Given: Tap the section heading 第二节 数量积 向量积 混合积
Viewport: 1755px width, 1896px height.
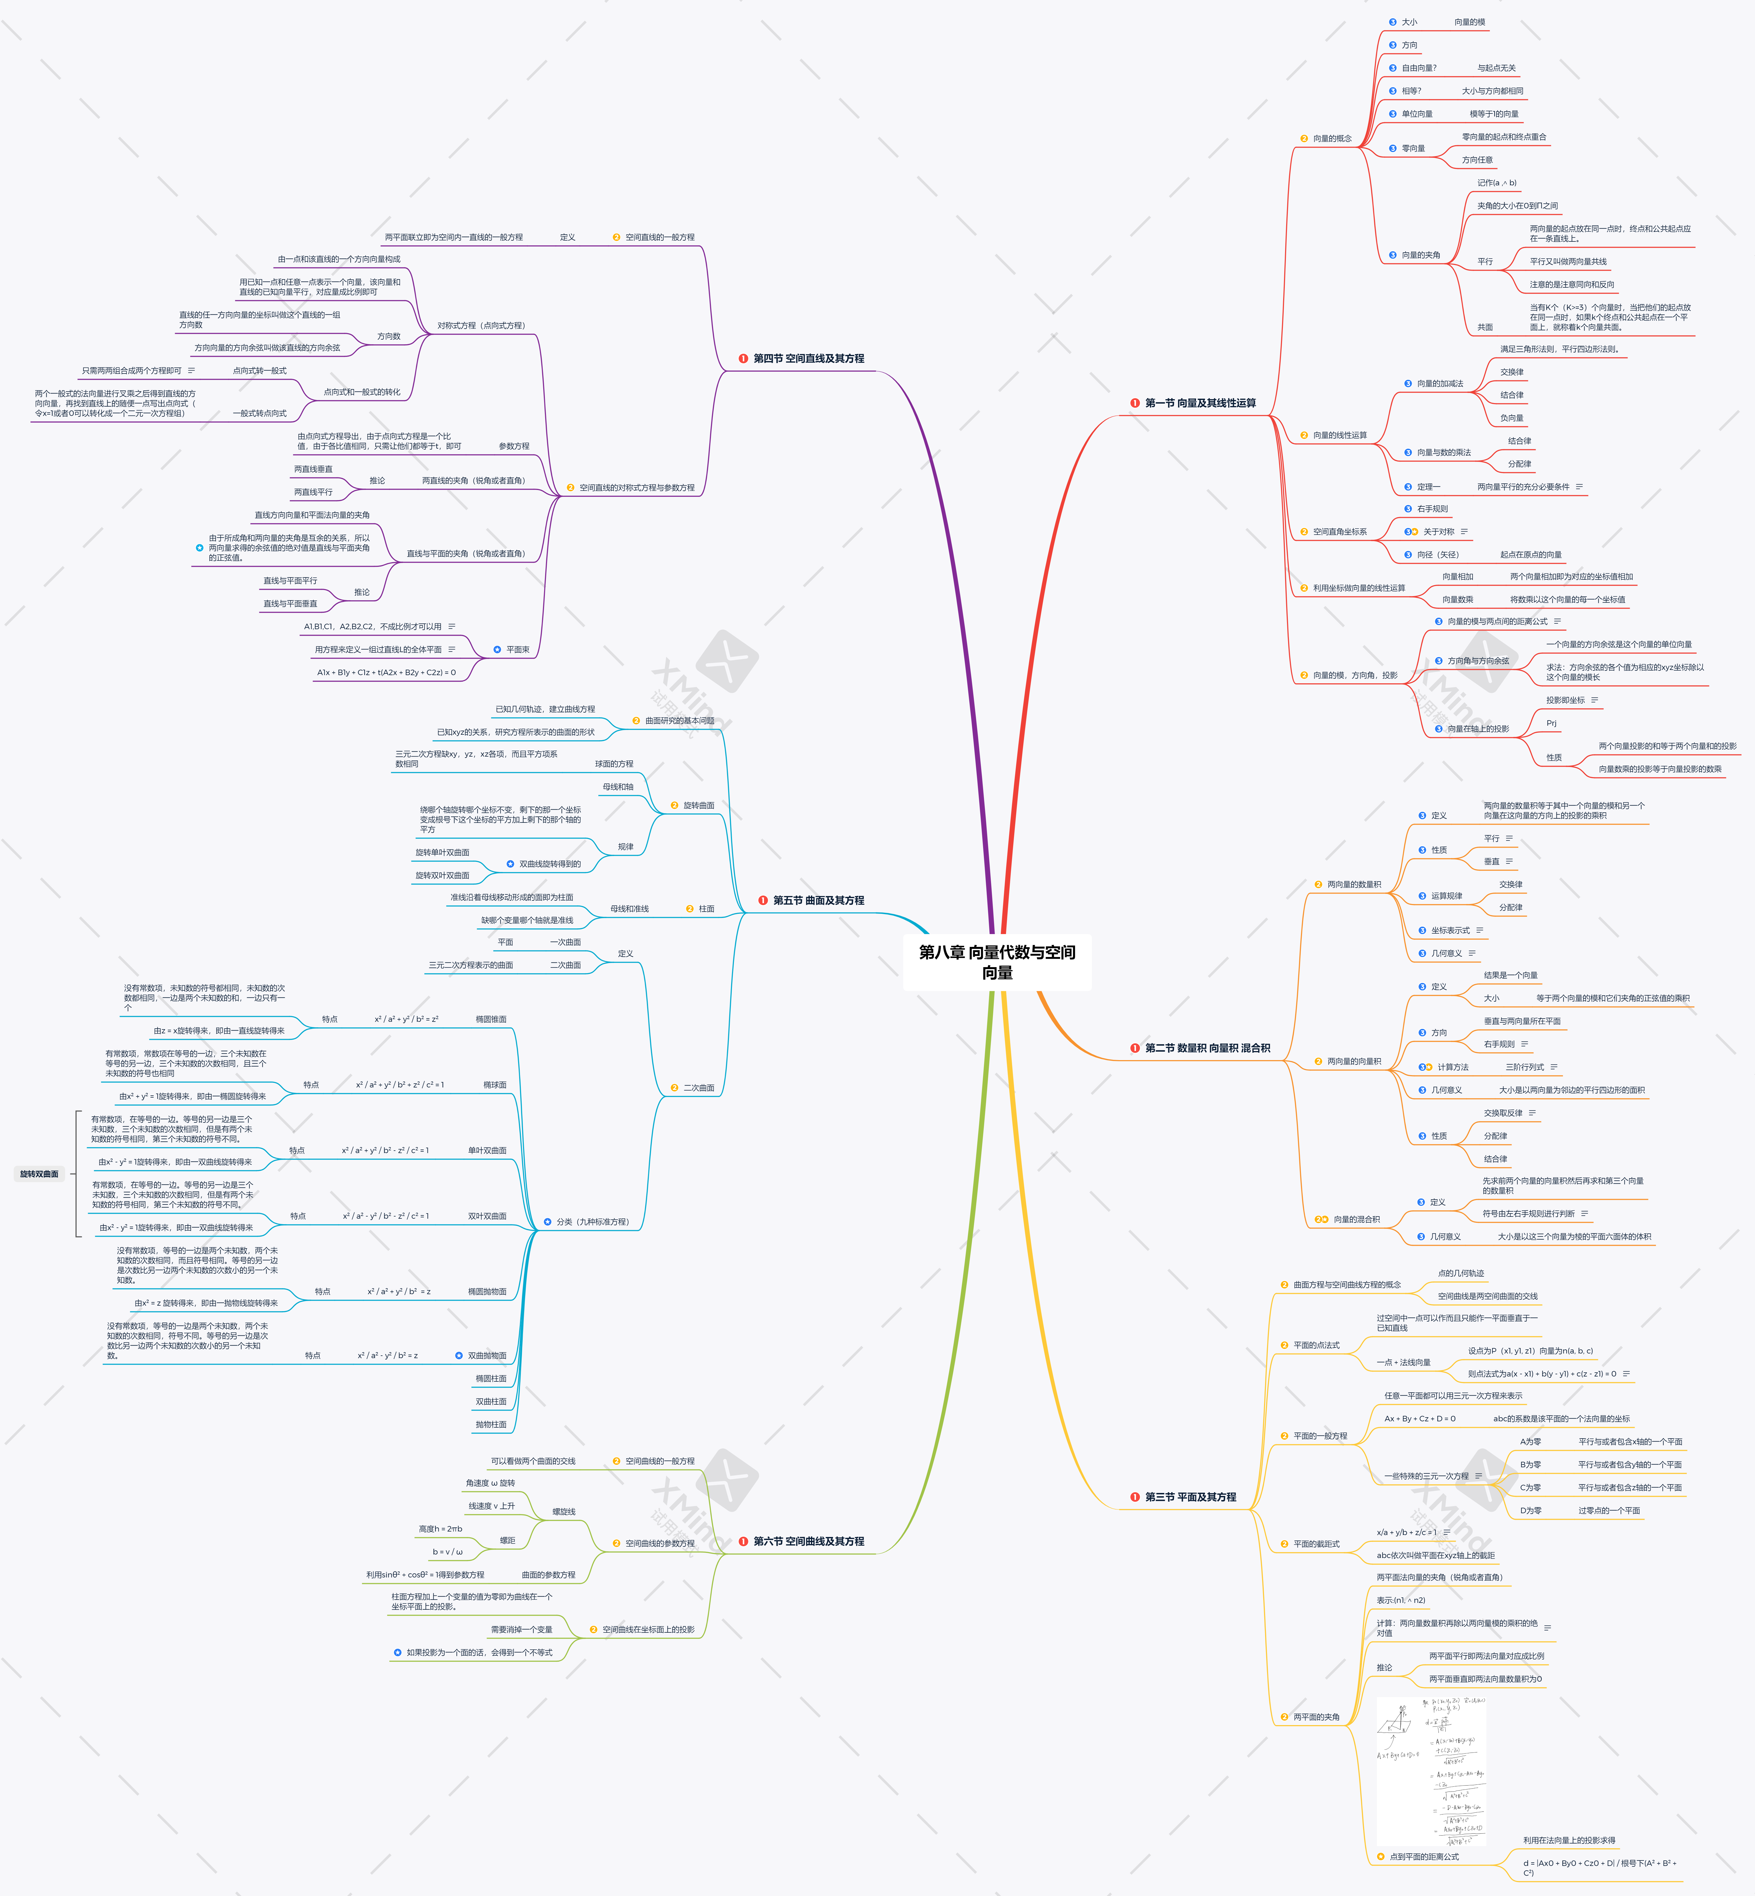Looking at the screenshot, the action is [x=1206, y=1048].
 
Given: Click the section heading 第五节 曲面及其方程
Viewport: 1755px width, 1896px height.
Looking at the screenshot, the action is [x=818, y=900].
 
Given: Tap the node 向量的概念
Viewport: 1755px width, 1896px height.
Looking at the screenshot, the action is [x=1332, y=139].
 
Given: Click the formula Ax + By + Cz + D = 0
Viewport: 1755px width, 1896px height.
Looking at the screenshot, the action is [x=1419, y=1418].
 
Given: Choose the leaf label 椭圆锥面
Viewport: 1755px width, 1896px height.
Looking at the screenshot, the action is [x=491, y=1019].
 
